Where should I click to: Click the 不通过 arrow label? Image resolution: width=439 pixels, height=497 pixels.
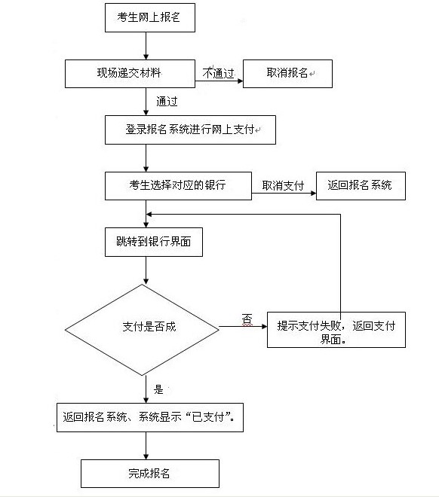(x=219, y=74)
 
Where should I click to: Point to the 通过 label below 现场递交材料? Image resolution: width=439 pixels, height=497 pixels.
(x=167, y=102)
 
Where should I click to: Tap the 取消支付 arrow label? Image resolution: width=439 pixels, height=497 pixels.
(x=283, y=186)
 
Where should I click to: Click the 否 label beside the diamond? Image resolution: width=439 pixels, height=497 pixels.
(x=247, y=319)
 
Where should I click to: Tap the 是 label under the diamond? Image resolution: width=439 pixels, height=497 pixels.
(x=158, y=389)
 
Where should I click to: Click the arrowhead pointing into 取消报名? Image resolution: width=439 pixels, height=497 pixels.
(x=241, y=81)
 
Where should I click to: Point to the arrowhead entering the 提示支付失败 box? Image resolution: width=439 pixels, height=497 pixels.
(x=265, y=326)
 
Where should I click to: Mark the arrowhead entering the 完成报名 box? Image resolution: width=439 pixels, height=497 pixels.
(x=146, y=457)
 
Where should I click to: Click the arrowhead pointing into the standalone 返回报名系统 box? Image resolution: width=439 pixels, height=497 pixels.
(x=313, y=193)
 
